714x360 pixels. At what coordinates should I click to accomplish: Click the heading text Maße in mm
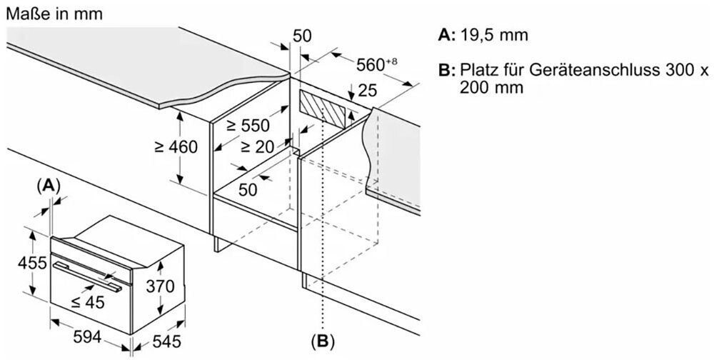[x=54, y=14]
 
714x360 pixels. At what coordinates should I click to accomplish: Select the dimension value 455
[x=32, y=263]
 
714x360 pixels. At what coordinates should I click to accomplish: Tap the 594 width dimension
[x=87, y=337]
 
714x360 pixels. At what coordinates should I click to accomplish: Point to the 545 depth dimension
[x=166, y=341]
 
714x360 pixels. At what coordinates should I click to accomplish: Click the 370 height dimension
[x=160, y=286]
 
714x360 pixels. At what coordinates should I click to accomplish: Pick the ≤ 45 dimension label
[x=88, y=301]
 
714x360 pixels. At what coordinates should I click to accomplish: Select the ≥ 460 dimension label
[x=176, y=146]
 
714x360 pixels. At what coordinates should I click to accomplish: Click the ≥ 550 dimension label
[x=248, y=125]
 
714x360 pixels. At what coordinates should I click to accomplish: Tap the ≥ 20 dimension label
[x=257, y=146]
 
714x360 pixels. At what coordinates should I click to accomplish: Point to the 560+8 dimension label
[x=376, y=65]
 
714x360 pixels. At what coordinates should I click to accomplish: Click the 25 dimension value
[x=368, y=91]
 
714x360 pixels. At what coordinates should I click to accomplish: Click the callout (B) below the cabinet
[x=323, y=341]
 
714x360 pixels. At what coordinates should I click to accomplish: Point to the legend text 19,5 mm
[x=494, y=35]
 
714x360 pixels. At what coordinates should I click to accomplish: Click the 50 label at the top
[x=302, y=36]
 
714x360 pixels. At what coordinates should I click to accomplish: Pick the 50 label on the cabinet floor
[x=248, y=189]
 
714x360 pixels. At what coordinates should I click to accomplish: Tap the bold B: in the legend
[x=447, y=71]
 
